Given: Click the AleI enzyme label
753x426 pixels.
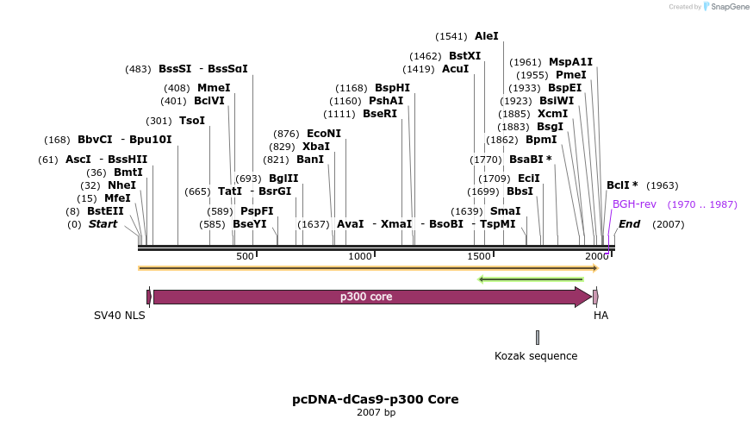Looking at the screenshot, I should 486,36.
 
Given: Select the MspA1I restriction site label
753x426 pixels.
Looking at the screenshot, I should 570,62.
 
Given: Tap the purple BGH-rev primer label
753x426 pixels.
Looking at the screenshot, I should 634,204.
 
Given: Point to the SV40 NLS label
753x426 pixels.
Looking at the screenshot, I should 120,316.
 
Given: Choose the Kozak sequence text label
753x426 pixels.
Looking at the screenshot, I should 536,355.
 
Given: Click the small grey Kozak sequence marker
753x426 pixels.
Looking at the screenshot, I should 537,337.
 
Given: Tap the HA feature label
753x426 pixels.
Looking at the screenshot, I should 601,316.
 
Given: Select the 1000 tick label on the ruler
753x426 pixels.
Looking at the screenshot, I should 359,257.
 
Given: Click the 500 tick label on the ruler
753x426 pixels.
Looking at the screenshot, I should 245,257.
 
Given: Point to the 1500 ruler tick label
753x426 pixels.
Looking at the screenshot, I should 478,257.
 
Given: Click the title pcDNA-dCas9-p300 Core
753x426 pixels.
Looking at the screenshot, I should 376,399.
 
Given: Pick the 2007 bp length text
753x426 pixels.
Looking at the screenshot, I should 376,413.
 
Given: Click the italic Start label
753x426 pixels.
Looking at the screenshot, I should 103,224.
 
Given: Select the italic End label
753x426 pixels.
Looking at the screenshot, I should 629,224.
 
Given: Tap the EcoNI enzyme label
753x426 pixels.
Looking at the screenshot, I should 323,134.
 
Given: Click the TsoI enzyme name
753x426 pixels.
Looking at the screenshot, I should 192,121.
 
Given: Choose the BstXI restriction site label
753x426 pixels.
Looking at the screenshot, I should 464,56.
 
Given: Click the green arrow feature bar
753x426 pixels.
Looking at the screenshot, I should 531,279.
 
